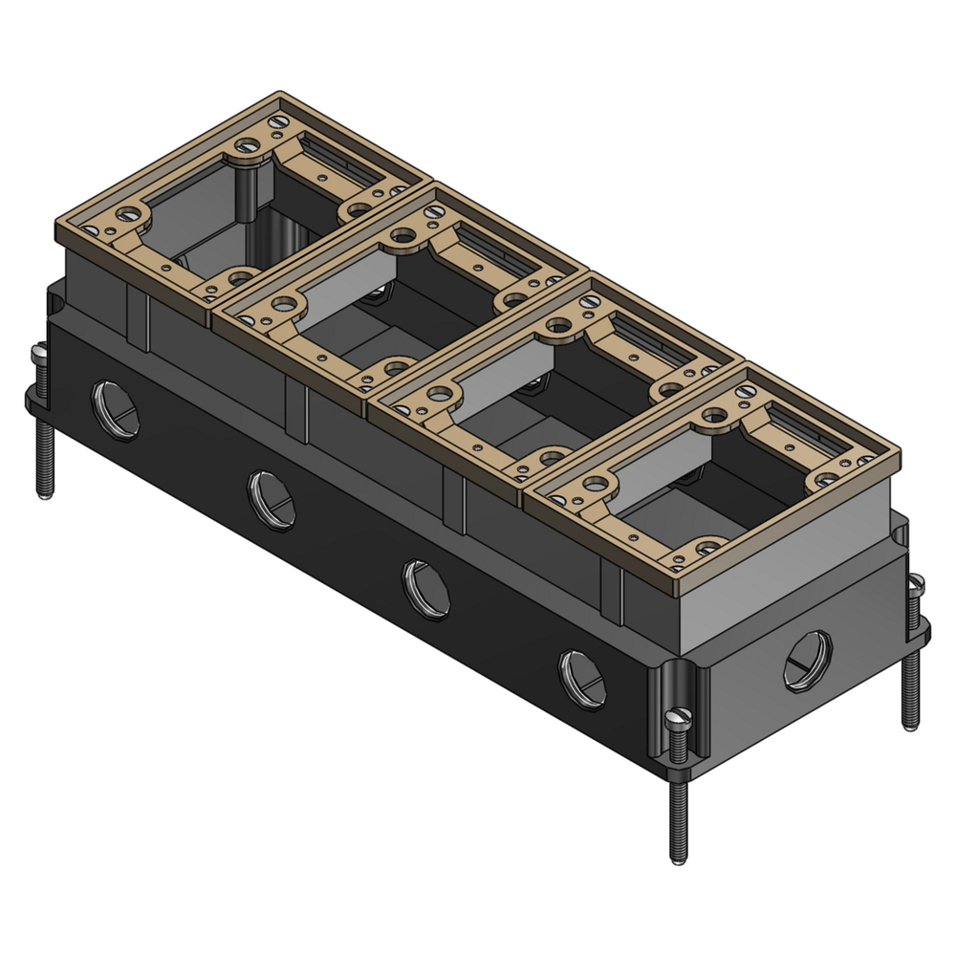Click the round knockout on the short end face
[x=808, y=661]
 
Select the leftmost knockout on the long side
[x=115, y=408]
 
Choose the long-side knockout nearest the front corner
[x=582, y=676]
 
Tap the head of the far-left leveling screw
[x=40, y=355]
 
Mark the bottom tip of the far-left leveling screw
[x=42, y=494]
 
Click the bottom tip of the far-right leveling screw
[x=910, y=727]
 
